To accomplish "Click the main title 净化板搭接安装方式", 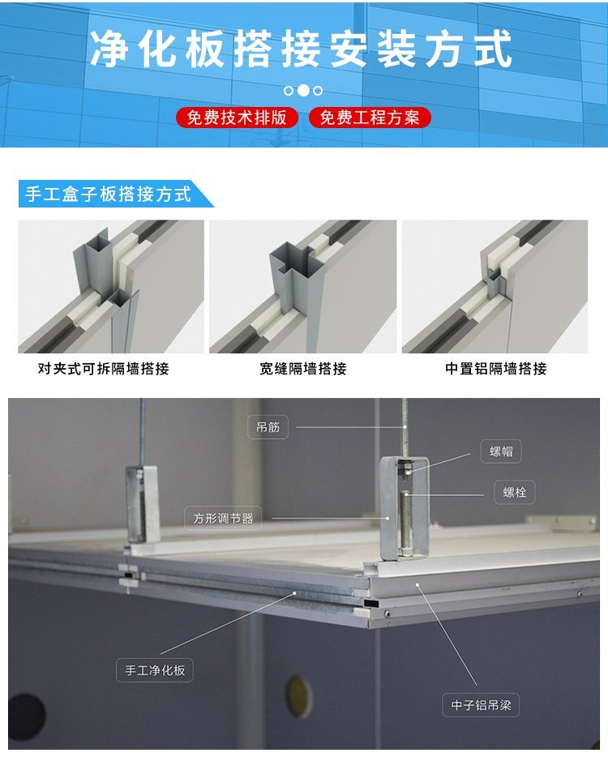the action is click(x=301, y=48).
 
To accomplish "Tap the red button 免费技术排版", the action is click(x=237, y=118).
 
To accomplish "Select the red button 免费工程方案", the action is click(x=369, y=118).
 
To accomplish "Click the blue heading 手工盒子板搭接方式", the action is click(x=109, y=194).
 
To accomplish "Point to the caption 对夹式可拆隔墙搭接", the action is click(x=104, y=369).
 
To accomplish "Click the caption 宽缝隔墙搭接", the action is click(x=302, y=369).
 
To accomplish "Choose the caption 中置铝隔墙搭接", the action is click(x=495, y=369).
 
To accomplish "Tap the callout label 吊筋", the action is click(x=268, y=427).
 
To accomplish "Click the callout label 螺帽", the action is click(x=501, y=451).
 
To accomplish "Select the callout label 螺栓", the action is click(x=515, y=492).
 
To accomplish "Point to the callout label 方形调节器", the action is click(x=223, y=518).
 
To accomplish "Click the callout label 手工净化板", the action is click(x=155, y=670).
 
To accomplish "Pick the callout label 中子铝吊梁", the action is click(x=481, y=705).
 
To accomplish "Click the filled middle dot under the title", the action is click(x=302, y=91).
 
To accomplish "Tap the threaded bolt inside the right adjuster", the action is click(x=405, y=522).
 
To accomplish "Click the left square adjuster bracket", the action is click(x=143, y=504).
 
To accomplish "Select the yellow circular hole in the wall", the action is click(x=298, y=697).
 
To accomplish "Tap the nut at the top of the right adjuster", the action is click(x=408, y=470).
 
